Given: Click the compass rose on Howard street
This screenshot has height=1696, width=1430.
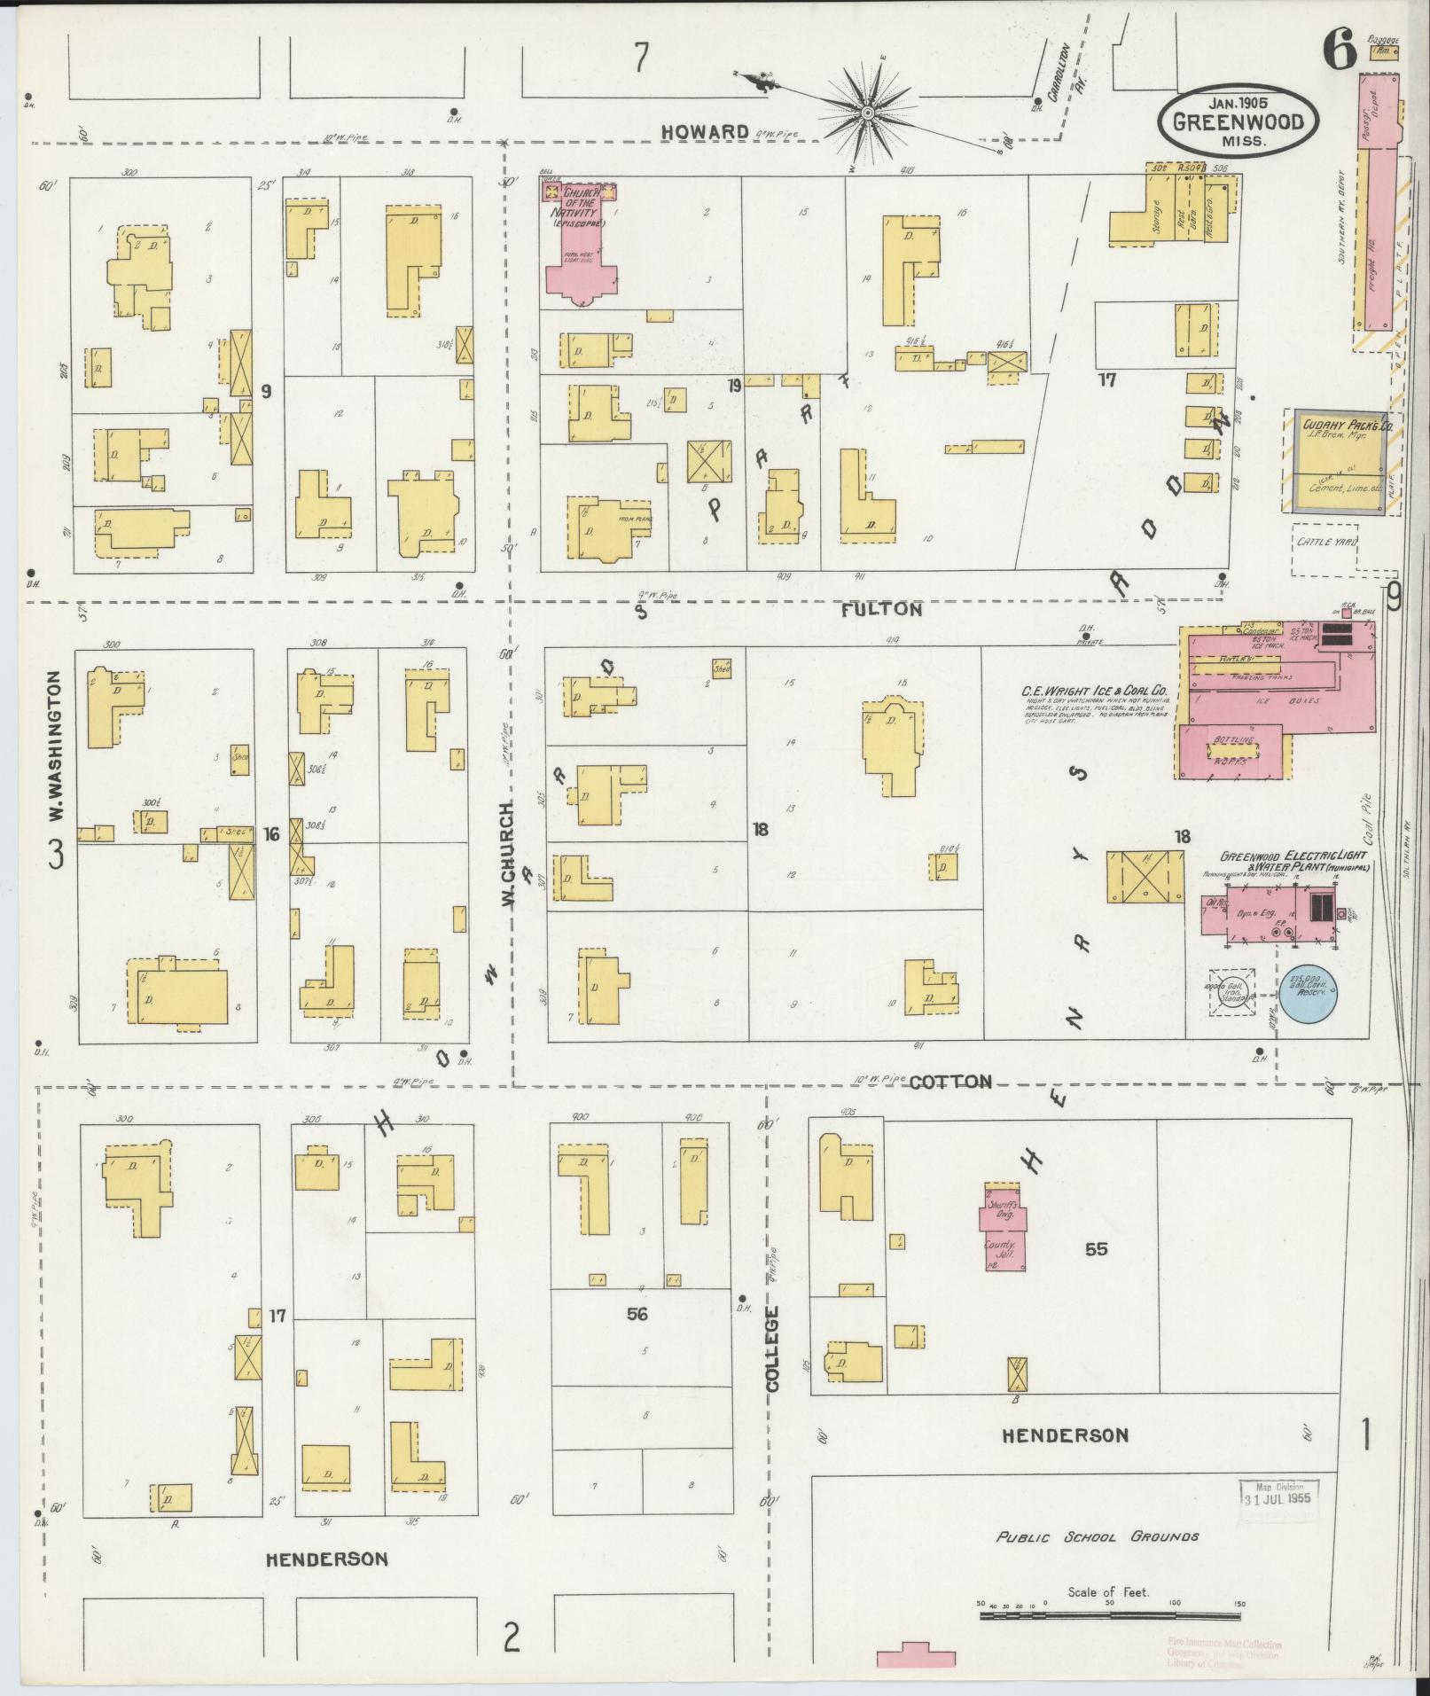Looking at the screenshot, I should (867, 113).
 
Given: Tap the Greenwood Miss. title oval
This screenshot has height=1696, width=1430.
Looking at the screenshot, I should (1237, 121).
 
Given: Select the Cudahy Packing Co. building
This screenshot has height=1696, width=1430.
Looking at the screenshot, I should (1339, 461).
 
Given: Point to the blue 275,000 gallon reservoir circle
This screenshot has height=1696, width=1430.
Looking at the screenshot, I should (1308, 991).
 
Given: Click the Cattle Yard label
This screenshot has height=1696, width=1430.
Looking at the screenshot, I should (1326, 542).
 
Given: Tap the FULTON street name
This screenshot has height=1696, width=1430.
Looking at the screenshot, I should (882, 610).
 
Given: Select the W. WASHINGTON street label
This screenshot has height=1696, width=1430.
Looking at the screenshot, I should (55, 746).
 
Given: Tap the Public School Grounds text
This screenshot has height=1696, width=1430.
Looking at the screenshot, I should (1098, 1536).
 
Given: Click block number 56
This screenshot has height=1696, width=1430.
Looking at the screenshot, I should (637, 1313).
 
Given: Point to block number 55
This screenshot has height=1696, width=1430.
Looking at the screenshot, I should (1097, 1248).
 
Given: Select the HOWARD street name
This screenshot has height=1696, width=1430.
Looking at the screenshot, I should (705, 132).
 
